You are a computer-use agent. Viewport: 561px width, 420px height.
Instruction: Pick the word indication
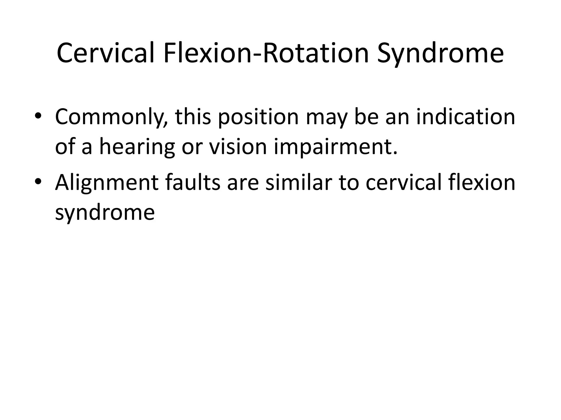point(466,117)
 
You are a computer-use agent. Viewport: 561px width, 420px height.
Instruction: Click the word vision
point(238,147)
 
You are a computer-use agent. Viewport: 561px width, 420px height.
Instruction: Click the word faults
point(193,182)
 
